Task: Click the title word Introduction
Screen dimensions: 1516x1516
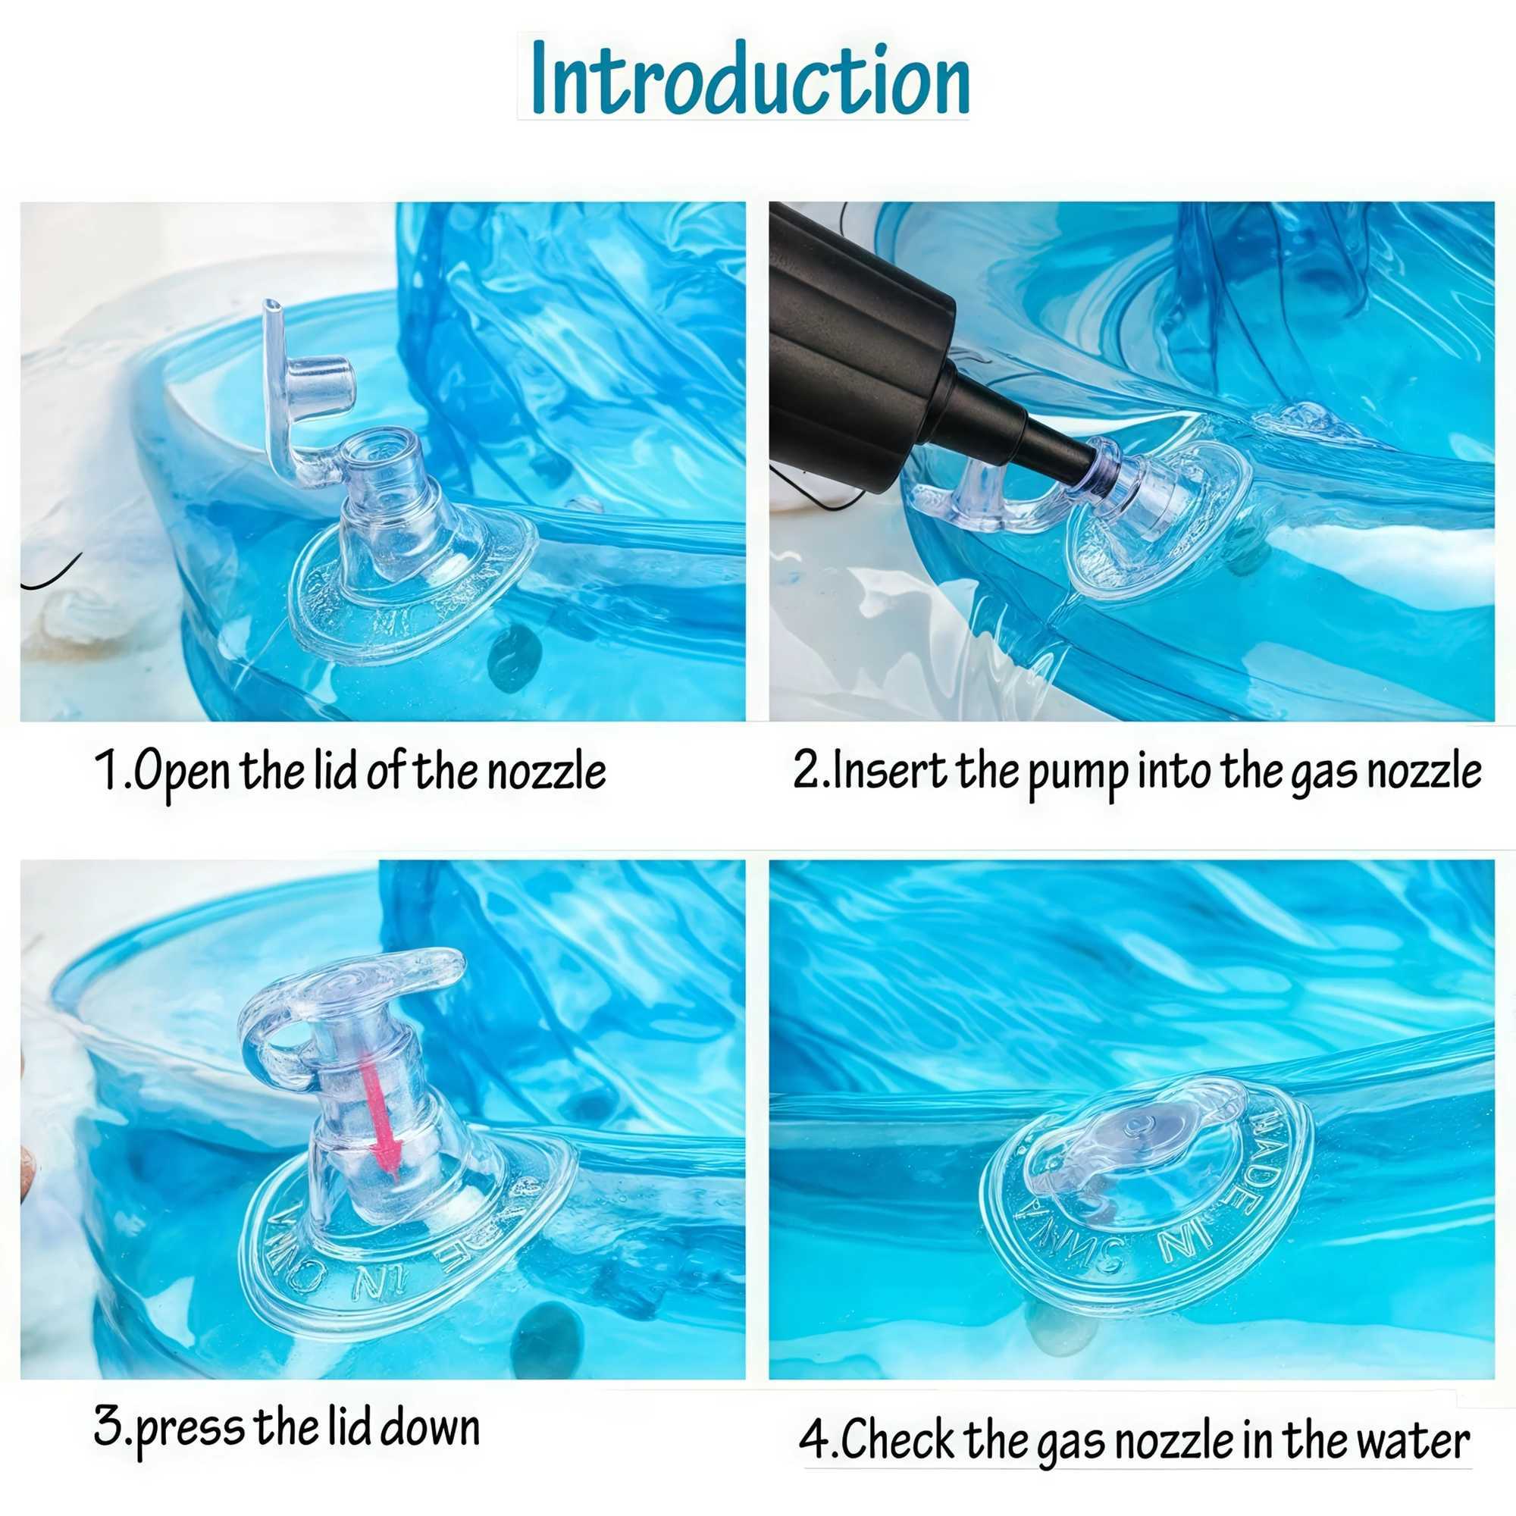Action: pyautogui.click(x=750, y=79)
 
